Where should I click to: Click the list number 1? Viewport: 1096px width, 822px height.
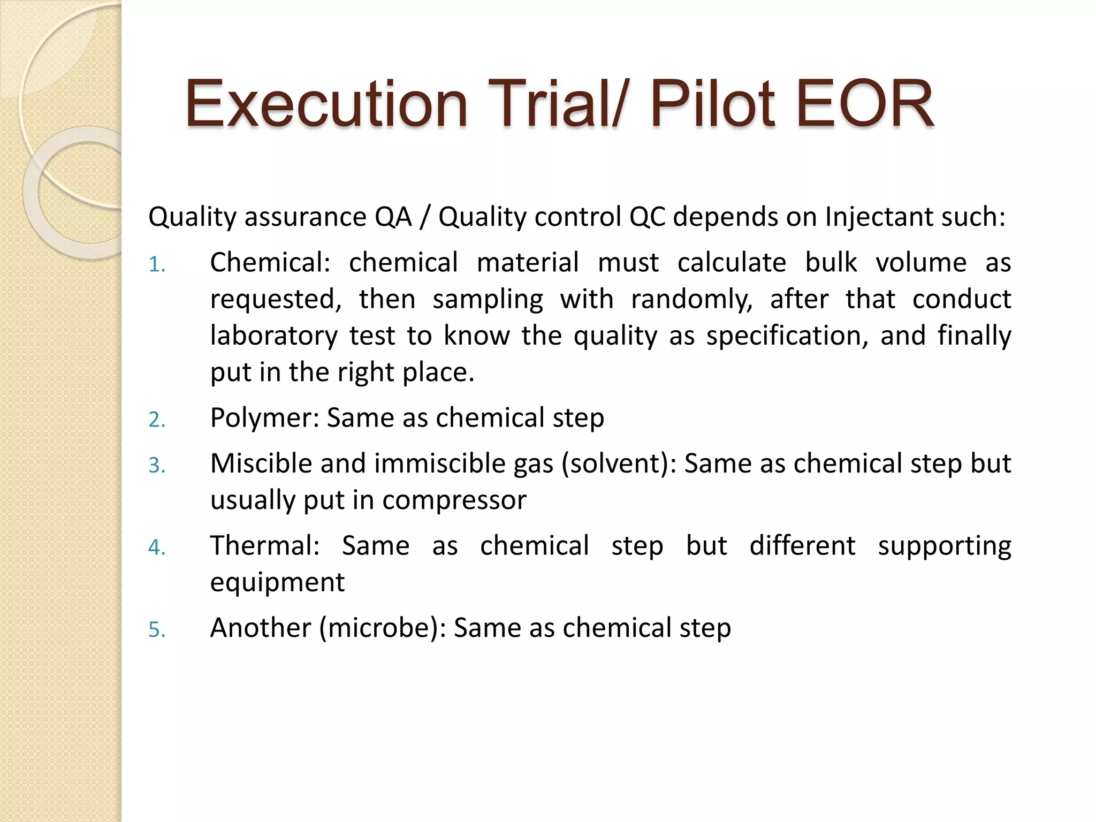[156, 265]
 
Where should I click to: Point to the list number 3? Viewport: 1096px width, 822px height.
[156, 465]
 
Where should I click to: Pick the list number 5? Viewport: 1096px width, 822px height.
[156, 630]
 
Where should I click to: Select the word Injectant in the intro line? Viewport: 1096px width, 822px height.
[875, 217]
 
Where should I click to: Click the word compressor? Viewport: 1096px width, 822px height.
[454, 500]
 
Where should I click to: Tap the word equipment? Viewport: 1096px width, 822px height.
[277, 583]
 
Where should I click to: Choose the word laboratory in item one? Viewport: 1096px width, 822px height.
[273, 336]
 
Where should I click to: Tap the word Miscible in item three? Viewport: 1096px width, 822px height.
[261, 463]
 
